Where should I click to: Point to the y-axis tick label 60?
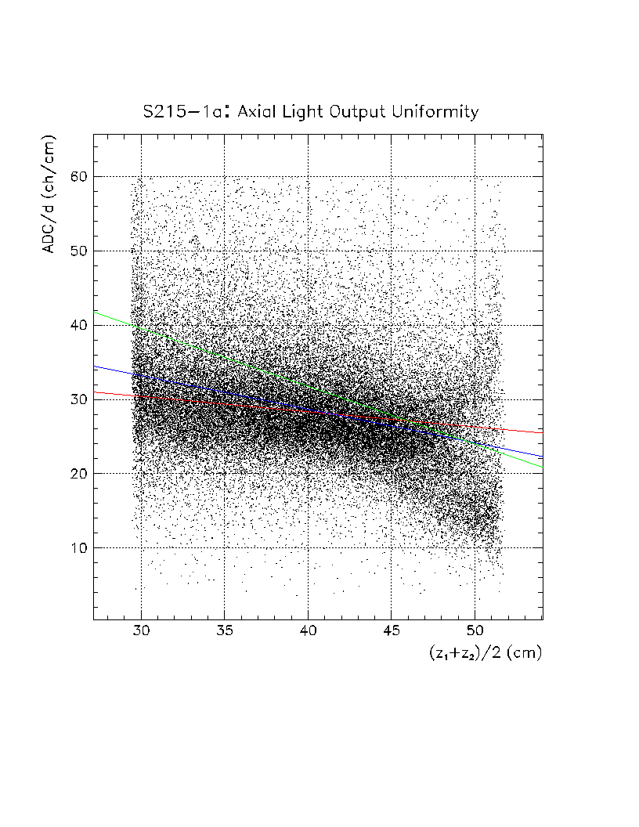[77, 177]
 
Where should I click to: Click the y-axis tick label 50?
[77, 251]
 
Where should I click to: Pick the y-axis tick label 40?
[77, 326]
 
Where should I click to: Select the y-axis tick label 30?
[77, 399]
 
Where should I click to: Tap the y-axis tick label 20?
[77, 474]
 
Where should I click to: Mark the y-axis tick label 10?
[77, 548]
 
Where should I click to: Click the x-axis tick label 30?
[141, 631]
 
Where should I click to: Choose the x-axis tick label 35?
[225, 631]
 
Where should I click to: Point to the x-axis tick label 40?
[308, 631]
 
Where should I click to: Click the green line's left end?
[94, 312]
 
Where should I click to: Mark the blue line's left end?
[94, 367]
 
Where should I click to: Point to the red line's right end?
[542, 432]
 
